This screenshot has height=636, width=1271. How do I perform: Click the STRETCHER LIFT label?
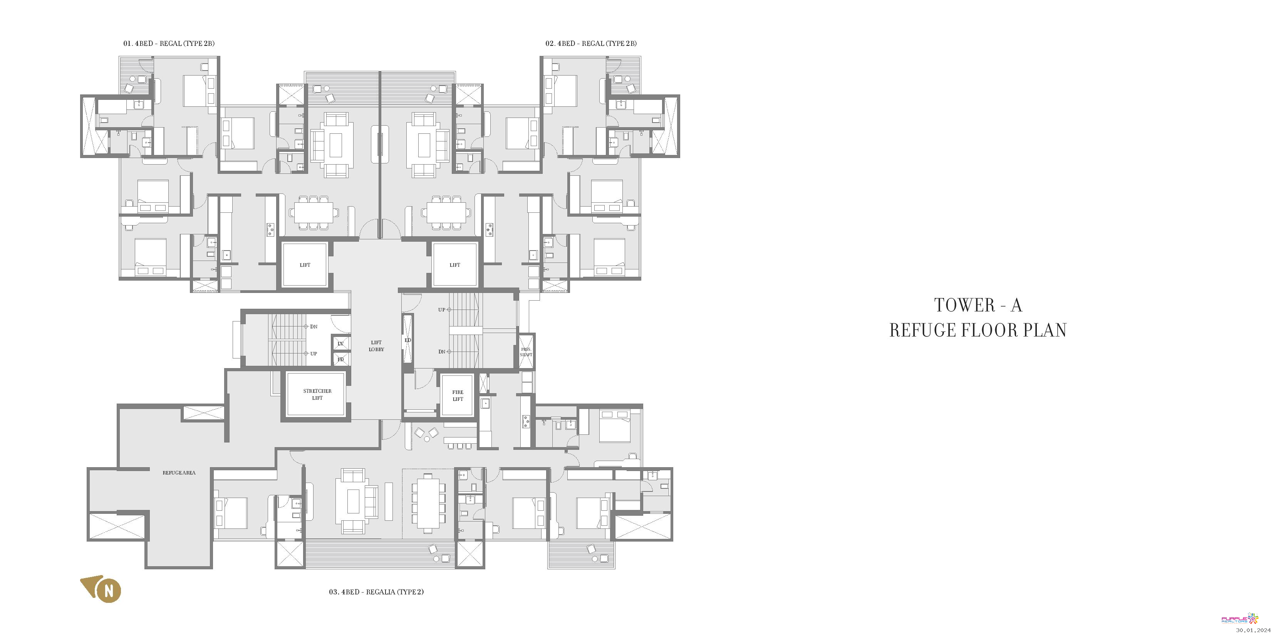tap(317, 394)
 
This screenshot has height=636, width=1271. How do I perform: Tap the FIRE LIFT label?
tap(458, 395)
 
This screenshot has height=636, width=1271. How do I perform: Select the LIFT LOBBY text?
tap(376, 346)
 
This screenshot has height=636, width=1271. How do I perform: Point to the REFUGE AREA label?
tap(179, 473)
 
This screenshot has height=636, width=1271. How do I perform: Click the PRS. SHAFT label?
tap(526, 352)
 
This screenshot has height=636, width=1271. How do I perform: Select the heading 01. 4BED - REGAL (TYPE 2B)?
tap(169, 44)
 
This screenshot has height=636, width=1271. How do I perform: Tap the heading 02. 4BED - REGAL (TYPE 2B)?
tap(590, 44)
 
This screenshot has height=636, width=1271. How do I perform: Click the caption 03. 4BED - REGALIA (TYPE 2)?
tap(376, 592)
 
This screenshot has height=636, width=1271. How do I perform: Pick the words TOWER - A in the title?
tap(978, 305)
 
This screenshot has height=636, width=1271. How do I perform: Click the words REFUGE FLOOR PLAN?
tap(978, 330)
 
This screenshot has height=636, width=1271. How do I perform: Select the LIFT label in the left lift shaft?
tap(305, 265)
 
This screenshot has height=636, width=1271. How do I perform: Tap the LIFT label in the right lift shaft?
tap(454, 265)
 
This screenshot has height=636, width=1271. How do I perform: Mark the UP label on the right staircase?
tap(442, 310)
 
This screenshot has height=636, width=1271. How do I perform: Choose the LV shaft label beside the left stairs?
tap(340, 343)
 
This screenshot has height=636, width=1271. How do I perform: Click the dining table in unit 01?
tap(314, 213)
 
